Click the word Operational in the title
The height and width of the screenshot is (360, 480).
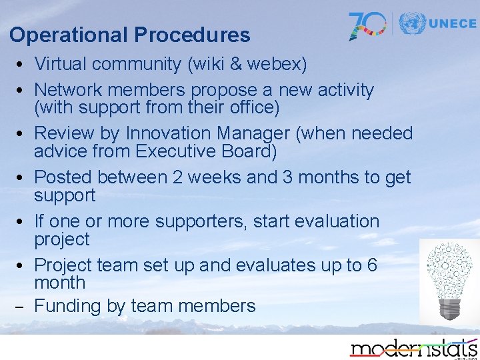(x=68, y=35)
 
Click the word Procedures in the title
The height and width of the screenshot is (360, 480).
(x=192, y=34)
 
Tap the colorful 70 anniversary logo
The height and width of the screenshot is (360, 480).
(x=367, y=26)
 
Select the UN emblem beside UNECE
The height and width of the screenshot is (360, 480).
(x=413, y=23)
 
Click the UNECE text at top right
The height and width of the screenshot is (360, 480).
(x=453, y=23)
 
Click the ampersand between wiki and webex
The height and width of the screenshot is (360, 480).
(x=235, y=64)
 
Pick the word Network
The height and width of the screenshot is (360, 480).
(x=68, y=90)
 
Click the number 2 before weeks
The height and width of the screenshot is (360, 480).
(x=177, y=177)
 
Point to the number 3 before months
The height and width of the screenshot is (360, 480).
(x=287, y=177)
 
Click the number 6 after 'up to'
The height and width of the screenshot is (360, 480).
(x=371, y=265)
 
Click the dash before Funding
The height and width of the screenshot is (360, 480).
(x=19, y=307)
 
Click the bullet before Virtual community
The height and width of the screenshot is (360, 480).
(x=19, y=64)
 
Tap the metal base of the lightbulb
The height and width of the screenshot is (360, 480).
(x=449, y=309)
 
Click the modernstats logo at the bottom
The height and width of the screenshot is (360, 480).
(x=413, y=349)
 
